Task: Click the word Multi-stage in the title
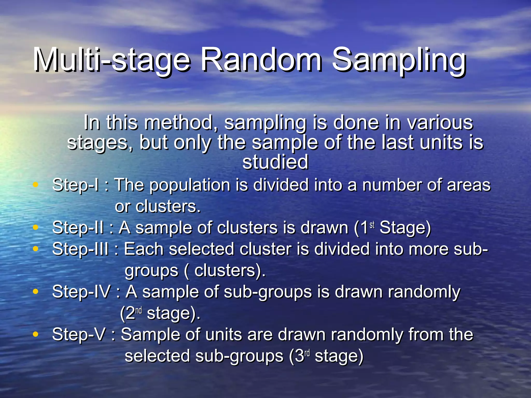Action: point(111,60)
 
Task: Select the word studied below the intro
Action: point(275,162)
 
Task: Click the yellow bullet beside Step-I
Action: point(36,185)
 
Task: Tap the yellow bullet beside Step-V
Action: point(36,334)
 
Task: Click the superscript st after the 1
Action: point(372,225)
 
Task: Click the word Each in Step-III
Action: point(144,249)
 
